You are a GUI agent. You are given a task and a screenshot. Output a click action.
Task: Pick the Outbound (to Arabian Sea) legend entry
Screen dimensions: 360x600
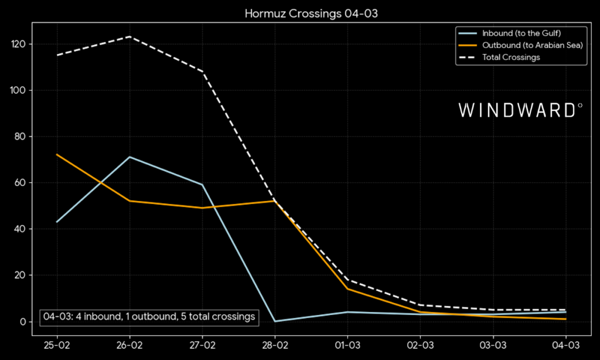point(532,45)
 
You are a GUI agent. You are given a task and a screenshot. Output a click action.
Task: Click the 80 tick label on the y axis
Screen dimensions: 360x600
point(23,137)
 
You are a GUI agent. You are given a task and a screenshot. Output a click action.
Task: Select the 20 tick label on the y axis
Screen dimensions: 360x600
point(23,276)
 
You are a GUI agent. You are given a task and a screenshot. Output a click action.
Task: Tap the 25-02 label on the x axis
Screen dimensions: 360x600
point(57,345)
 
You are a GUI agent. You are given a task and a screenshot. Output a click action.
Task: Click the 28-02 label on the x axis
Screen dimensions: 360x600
point(275,345)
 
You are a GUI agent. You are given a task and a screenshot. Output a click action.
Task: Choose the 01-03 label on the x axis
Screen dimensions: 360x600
point(347,345)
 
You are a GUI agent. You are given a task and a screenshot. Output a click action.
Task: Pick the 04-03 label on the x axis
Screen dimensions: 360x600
point(565,345)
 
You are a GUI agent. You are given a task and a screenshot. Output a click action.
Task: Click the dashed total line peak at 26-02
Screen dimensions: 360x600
point(129,37)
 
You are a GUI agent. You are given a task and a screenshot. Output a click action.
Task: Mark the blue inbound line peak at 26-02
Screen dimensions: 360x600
point(129,157)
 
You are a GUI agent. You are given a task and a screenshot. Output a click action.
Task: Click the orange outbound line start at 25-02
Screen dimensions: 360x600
point(57,155)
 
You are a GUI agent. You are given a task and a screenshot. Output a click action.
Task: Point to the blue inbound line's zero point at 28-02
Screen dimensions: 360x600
point(275,321)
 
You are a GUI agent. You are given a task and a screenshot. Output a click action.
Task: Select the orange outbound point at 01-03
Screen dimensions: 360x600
point(347,288)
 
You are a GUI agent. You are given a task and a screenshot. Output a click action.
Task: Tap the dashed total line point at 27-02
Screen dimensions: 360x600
point(202,72)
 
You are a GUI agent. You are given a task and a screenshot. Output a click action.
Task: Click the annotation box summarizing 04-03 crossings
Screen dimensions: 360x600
point(149,317)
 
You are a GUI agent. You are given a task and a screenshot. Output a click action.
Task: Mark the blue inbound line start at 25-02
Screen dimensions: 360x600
point(57,222)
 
